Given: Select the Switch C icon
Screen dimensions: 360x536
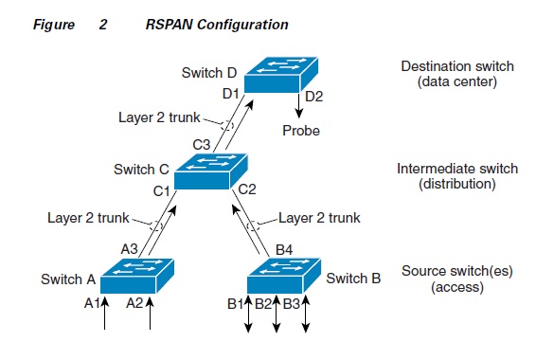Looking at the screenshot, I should pos(209,171).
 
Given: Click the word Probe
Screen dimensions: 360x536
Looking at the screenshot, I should pos(301,132).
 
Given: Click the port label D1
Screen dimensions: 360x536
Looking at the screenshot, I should pos(231,93).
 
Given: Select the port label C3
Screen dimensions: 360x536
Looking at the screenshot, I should pos(202,145).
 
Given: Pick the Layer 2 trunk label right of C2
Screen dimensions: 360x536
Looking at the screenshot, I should pos(319,218).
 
